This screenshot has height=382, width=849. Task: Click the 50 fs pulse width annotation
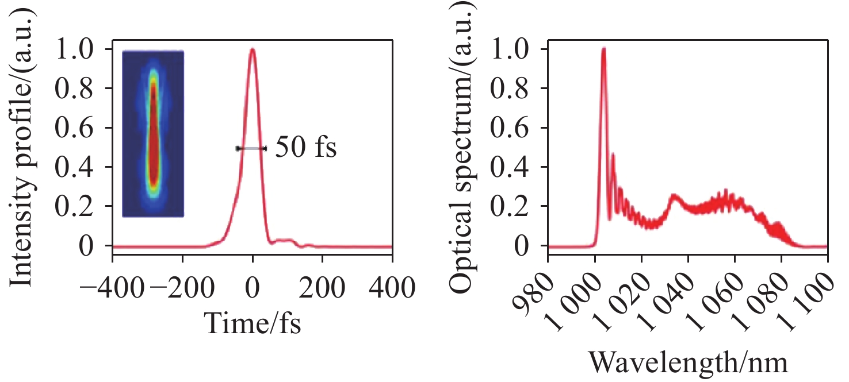pyautogui.click(x=305, y=148)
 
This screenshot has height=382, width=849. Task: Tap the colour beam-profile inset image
pyautogui.click(x=153, y=134)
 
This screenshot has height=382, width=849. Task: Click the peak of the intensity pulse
pyautogui.click(x=252, y=49)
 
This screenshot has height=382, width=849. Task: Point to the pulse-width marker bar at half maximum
pyautogui.click(x=251, y=148)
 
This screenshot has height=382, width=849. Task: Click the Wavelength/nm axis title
pyautogui.click(x=688, y=363)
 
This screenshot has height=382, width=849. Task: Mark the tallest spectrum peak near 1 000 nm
pyautogui.click(x=603, y=49)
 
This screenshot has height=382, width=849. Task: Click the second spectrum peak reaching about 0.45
pyautogui.click(x=613, y=154)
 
